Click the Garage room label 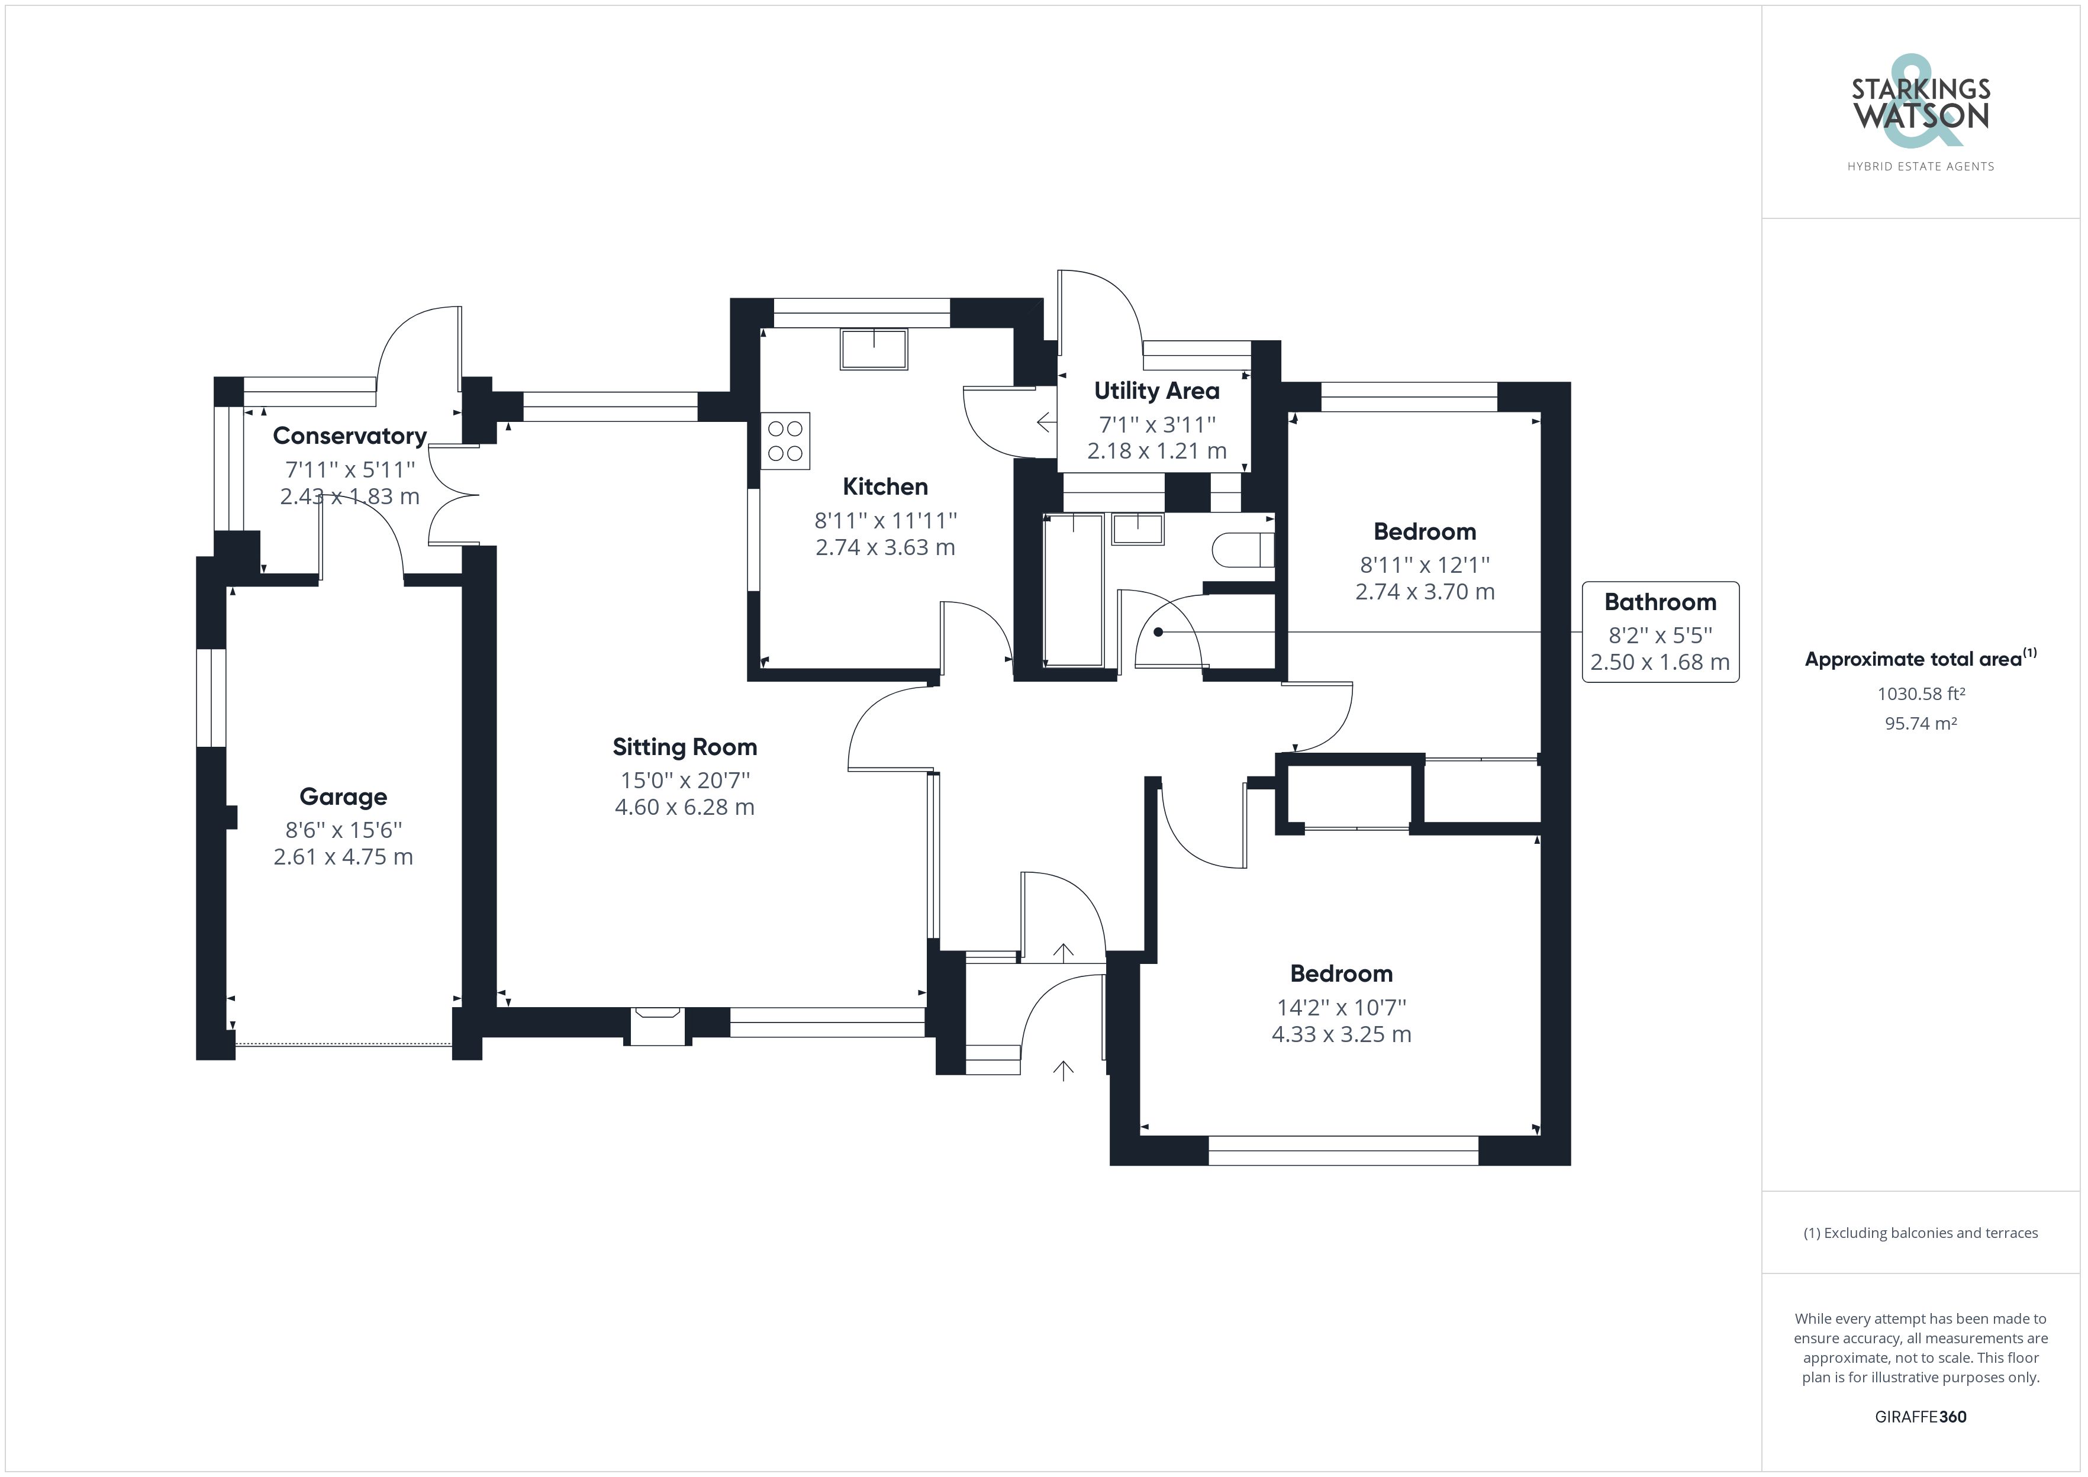pos(343,796)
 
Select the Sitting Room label pos(685,747)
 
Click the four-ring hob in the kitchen pos(785,441)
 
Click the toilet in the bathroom pos(1244,549)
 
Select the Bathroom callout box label pos(1660,602)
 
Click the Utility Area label pos(1156,391)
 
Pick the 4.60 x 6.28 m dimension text pos(685,807)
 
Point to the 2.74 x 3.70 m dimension pos(1424,591)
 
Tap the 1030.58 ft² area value pos(1921,694)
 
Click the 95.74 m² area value pos(1921,724)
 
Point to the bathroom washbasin pos(1138,530)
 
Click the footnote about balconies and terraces pos(1921,1233)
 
